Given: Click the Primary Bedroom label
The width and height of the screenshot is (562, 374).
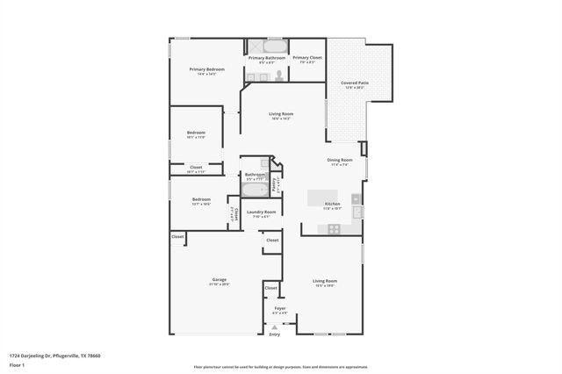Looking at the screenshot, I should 207,69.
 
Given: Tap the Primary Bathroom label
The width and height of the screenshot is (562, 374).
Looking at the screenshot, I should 266,58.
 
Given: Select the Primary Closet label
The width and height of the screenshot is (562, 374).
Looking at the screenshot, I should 307,58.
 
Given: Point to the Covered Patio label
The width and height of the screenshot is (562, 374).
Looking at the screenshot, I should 355,83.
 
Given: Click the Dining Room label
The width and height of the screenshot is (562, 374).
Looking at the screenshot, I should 340,160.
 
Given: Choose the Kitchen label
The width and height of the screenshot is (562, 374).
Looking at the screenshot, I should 332,204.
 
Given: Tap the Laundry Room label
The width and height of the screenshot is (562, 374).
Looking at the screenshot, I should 261,212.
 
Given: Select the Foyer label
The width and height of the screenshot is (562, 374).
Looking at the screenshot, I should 280,308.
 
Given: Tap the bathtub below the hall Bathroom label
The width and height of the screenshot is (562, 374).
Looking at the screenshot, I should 255,191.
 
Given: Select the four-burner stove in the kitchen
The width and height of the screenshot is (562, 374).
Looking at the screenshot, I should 334,228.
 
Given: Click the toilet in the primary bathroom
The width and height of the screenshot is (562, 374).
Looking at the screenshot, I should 279,76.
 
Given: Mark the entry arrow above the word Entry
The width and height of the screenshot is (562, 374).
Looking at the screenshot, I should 275,327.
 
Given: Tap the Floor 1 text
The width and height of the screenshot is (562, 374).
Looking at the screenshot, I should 18,365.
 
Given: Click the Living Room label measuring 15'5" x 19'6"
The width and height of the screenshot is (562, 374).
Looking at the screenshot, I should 325,282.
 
